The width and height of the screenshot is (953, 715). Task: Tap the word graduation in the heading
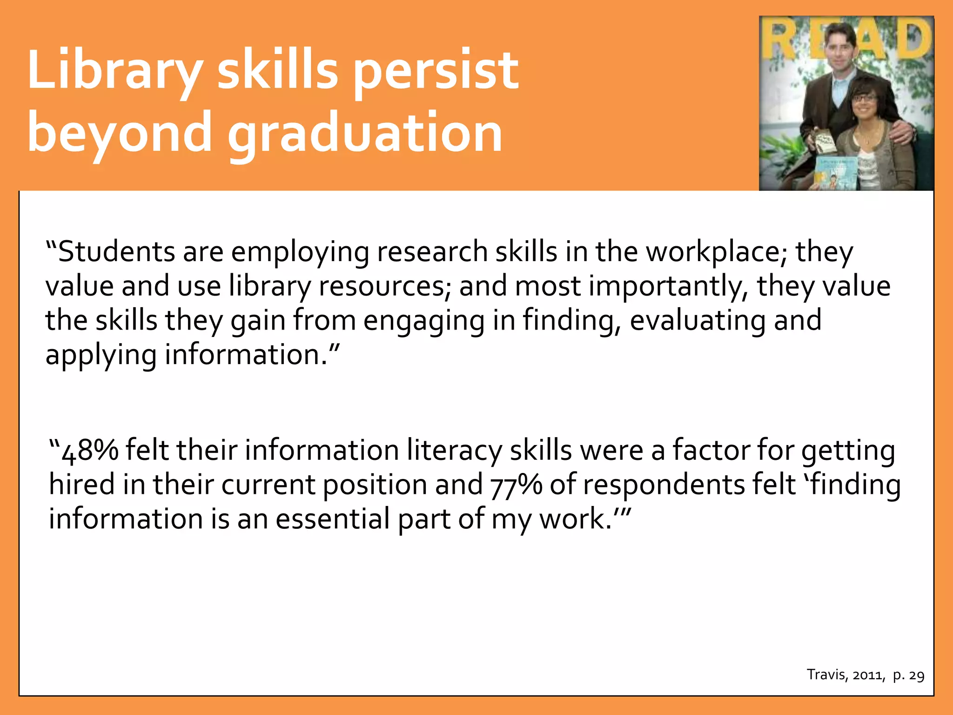coord(365,134)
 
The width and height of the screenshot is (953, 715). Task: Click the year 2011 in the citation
coord(868,675)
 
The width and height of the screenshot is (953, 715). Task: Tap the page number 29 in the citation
coord(916,675)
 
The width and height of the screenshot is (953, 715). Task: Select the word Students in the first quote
coord(116,252)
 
